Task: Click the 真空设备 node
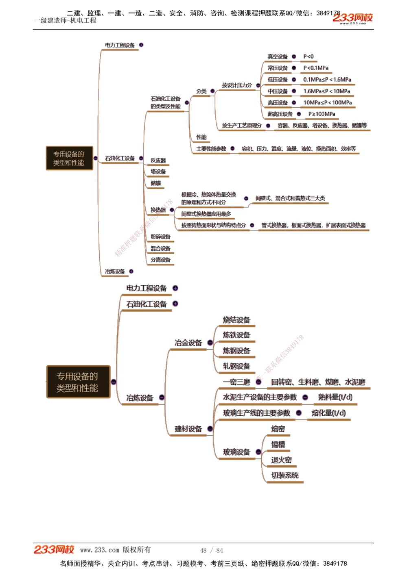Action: coord(278,57)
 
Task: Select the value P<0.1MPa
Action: coord(316,68)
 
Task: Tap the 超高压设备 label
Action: coord(280,114)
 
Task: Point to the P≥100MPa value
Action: coord(322,114)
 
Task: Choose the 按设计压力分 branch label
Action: coord(237,85)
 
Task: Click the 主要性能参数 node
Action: coord(211,149)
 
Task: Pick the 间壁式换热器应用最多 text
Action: coord(206,214)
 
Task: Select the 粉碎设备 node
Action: coord(160,237)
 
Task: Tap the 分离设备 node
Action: coord(160,260)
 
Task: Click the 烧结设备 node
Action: coord(236,320)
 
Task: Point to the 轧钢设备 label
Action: coord(236,367)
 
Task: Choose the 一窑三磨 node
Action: coord(236,382)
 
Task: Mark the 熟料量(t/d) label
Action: coord(335,397)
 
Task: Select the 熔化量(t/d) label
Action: coord(328,413)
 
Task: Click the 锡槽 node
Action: coord(278,445)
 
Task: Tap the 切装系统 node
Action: coord(285,475)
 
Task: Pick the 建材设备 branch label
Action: coord(188,429)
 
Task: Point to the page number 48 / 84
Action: coord(212,551)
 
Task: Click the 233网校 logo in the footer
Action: coord(54,550)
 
